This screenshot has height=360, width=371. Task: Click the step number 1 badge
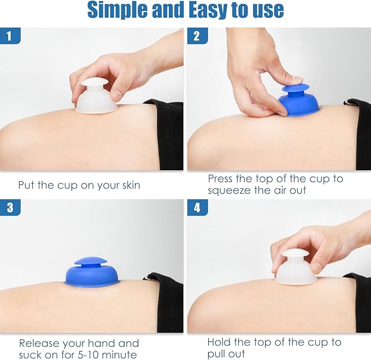10,36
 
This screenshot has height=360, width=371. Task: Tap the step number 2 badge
198,36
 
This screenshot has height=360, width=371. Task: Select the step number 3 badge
10,207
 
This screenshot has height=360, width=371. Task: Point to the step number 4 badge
198,207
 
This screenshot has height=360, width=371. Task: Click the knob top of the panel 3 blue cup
91,261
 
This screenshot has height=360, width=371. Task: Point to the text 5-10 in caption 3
89,355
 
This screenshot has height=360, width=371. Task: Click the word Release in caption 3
39,343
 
